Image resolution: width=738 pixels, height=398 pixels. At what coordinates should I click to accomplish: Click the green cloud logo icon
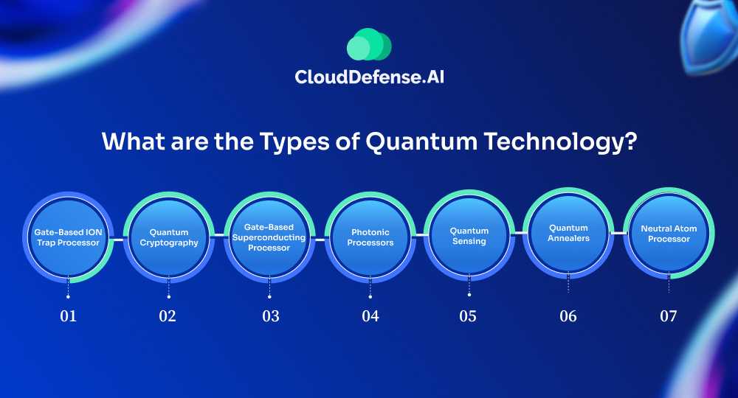[x=369, y=44]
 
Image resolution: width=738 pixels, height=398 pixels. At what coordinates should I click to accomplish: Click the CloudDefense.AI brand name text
[x=369, y=77]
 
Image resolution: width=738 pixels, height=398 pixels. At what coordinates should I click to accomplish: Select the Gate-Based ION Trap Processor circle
[x=68, y=237]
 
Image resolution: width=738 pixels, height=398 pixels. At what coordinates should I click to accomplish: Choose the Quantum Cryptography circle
[x=168, y=237]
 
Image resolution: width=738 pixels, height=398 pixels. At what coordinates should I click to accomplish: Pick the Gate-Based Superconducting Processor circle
[x=269, y=237]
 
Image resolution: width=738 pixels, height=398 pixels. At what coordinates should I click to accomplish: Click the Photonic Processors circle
[x=370, y=237]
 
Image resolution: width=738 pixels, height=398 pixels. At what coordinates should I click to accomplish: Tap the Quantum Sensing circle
[x=469, y=235]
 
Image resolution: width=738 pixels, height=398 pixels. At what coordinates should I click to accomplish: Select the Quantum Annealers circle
[x=568, y=233]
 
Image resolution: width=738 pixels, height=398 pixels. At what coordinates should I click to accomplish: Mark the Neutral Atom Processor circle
[x=669, y=233]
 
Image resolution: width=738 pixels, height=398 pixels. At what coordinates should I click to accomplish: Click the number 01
[x=68, y=315]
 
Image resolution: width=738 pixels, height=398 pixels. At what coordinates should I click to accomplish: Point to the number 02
[x=168, y=315]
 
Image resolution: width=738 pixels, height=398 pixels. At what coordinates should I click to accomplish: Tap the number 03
[x=271, y=315]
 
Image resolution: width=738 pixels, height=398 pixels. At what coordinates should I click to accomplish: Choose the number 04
[x=370, y=315]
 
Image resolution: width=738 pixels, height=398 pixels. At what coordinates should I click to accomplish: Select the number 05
[x=468, y=315]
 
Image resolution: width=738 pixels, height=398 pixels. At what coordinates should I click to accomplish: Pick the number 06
[x=568, y=315]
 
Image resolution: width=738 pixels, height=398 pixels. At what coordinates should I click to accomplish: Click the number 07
[x=669, y=315]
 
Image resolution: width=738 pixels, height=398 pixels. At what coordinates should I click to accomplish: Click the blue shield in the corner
[x=710, y=35]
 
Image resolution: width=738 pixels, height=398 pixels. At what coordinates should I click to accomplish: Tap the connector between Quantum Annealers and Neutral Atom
[x=619, y=233]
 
